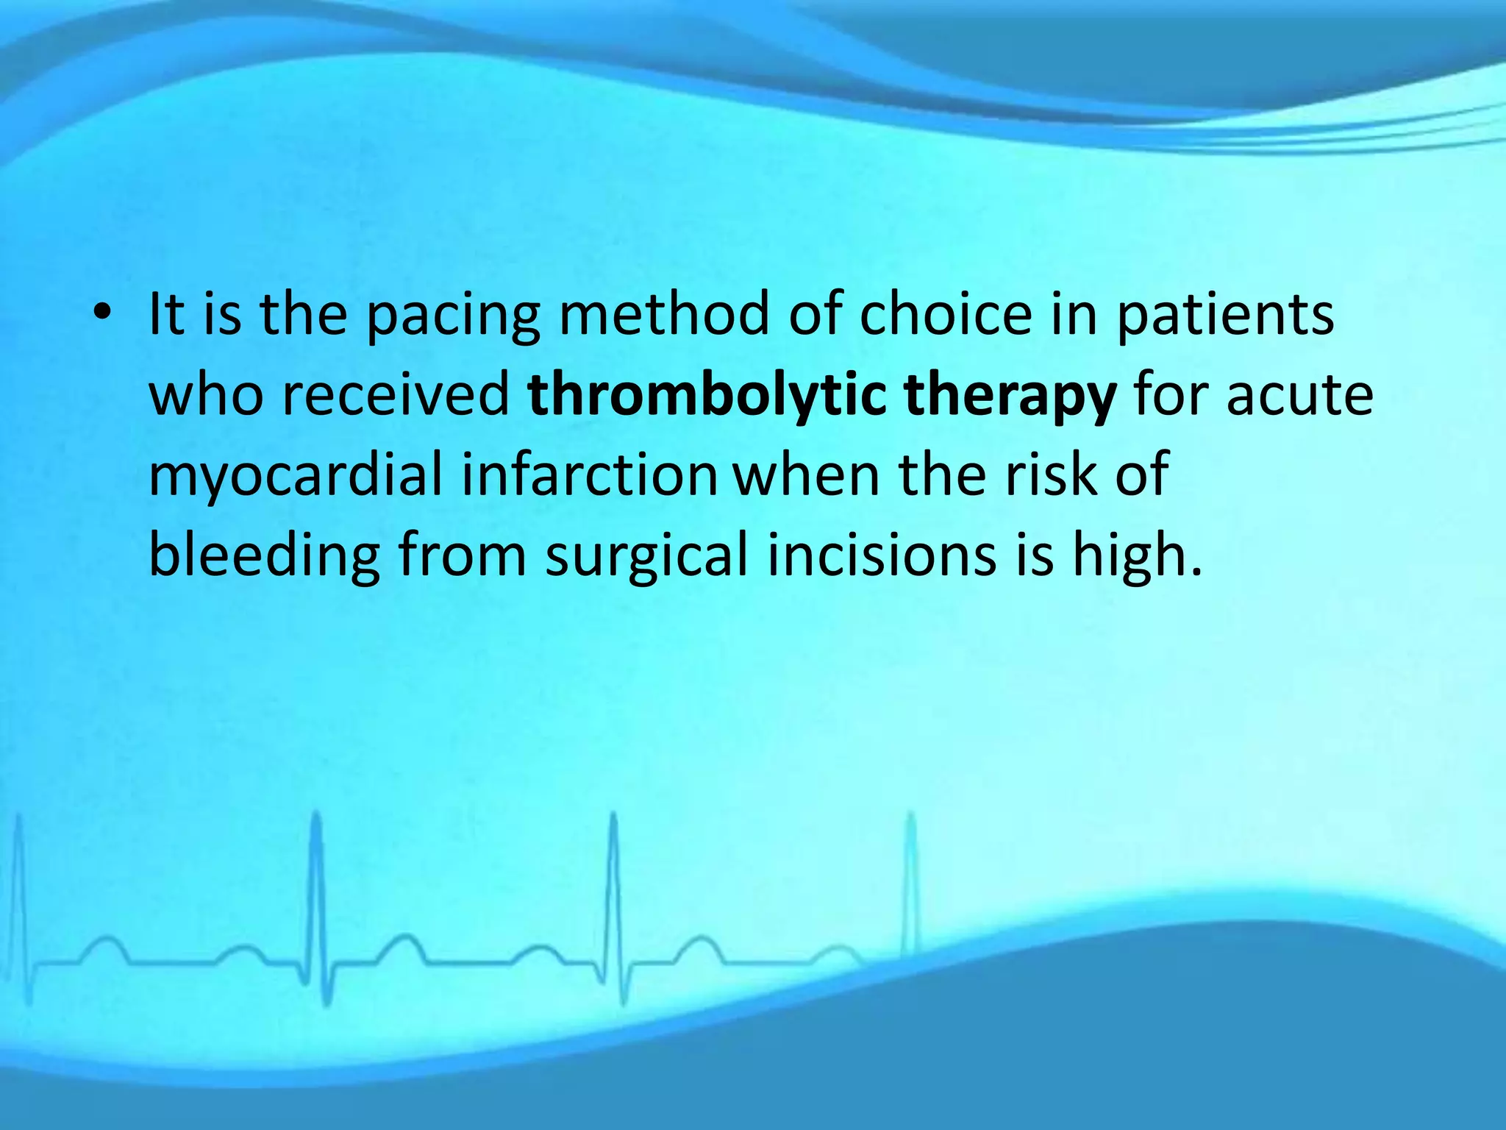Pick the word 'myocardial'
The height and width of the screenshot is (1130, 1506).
pyautogui.click(x=296, y=477)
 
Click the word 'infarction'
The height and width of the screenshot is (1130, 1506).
pyautogui.click(x=589, y=475)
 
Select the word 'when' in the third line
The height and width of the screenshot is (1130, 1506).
pyautogui.click(x=807, y=475)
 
